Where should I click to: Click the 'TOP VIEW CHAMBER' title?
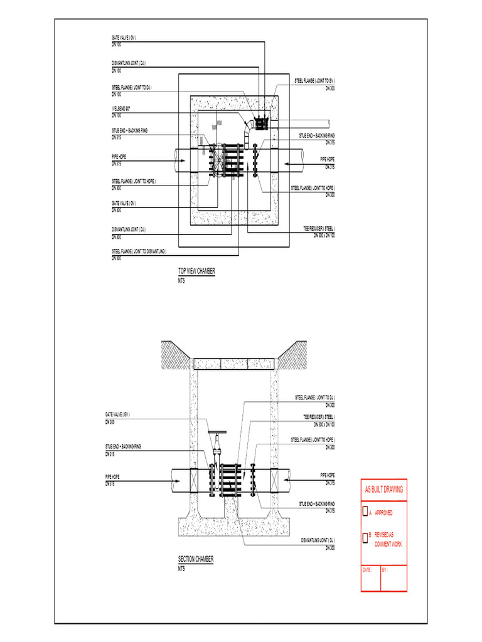(x=197, y=271)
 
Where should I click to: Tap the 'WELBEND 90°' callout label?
(x=121, y=108)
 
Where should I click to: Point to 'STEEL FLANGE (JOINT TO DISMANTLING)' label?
(x=139, y=251)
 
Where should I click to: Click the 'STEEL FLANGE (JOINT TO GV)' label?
(x=314, y=82)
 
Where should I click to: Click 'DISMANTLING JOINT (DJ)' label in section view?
(x=318, y=540)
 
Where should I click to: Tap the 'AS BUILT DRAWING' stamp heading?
(x=383, y=489)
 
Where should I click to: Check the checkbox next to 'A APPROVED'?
(x=365, y=512)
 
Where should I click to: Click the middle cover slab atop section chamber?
(x=234, y=364)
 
